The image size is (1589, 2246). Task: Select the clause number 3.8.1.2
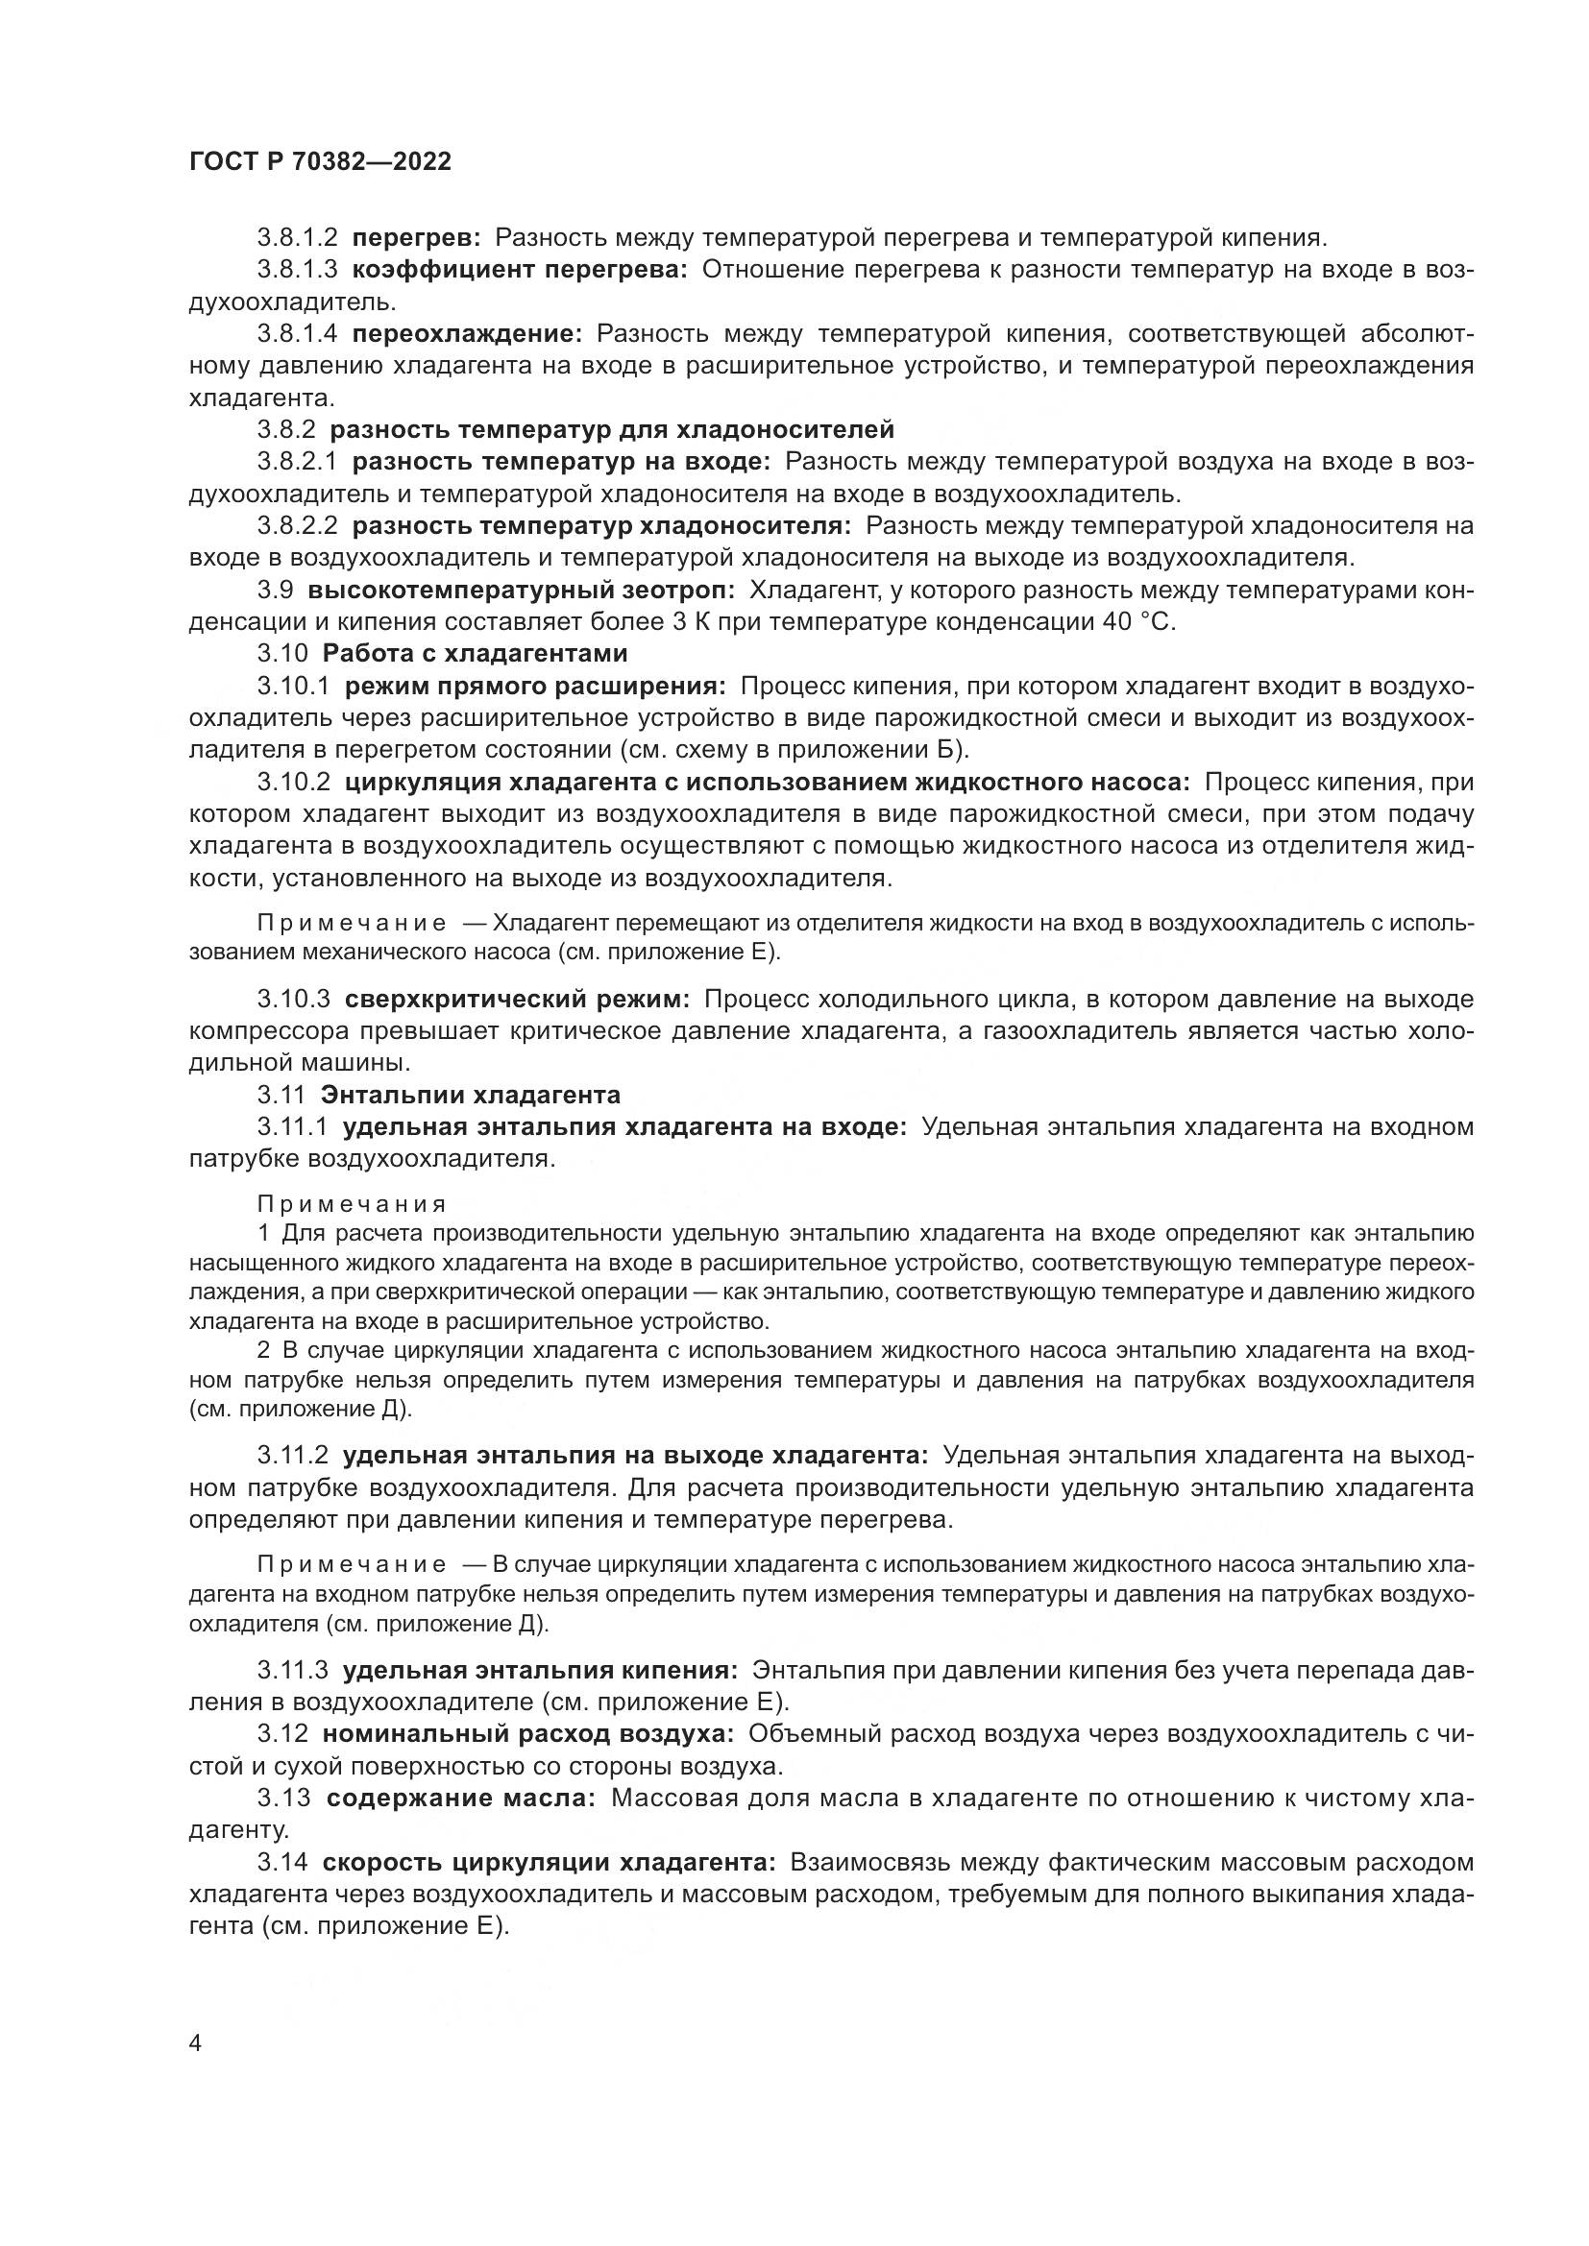point(298,238)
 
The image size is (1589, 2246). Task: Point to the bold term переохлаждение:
point(467,334)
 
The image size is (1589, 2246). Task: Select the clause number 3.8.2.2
point(298,526)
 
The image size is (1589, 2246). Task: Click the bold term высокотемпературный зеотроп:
point(521,591)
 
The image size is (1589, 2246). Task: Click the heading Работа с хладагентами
point(475,654)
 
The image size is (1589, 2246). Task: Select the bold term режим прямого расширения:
point(535,687)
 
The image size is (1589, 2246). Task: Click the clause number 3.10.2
point(294,783)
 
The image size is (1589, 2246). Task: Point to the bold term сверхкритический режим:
point(518,1000)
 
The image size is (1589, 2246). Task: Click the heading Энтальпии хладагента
point(471,1095)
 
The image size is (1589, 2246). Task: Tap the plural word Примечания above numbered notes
point(353,1204)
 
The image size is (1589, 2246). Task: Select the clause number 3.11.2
point(294,1456)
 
